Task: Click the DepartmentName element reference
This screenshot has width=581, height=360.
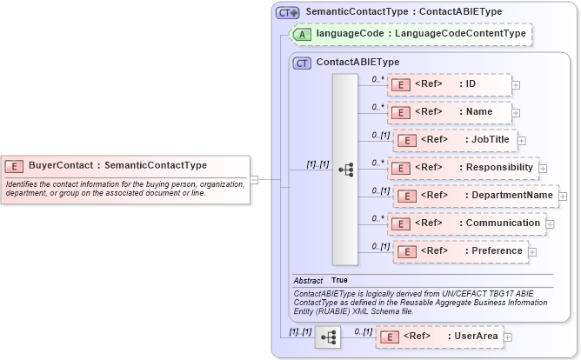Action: click(x=475, y=196)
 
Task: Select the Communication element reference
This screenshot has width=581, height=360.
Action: click(x=466, y=223)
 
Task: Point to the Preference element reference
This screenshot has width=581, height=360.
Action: click(x=460, y=251)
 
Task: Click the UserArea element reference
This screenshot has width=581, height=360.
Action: click(x=438, y=337)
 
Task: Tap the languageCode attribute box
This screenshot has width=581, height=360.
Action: click(x=411, y=34)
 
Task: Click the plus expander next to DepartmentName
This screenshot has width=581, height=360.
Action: click(x=563, y=197)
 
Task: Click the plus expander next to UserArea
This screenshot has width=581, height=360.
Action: click(x=508, y=337)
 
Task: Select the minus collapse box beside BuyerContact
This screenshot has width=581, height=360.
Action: click(x=254, y=180)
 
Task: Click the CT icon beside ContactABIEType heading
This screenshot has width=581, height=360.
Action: click(x=303, y=63)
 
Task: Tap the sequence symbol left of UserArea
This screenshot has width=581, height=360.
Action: click(x=328, y=337)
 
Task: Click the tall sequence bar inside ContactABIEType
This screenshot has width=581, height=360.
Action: click(x=345, y=169)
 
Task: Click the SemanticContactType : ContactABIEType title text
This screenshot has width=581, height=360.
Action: click(x=404, y=12)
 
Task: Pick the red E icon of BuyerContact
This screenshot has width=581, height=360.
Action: click(x=14, y=165)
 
